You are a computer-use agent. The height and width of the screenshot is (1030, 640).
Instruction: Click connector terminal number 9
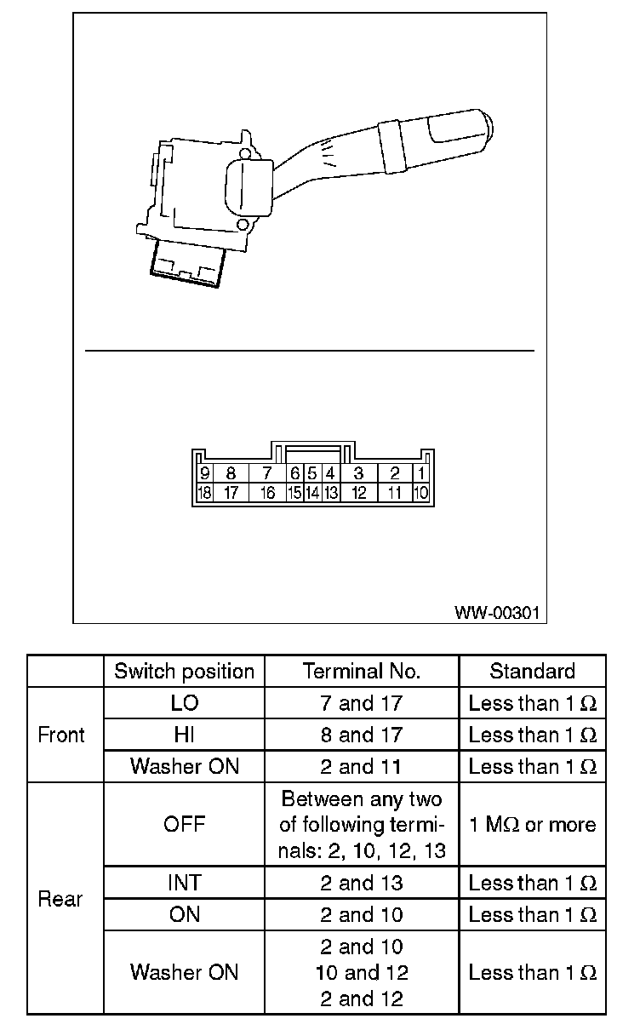[x=204, y=474]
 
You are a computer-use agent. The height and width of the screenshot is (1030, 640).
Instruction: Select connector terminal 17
[x=230, y=493]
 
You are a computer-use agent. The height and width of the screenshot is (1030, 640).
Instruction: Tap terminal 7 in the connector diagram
[x=267, y=474]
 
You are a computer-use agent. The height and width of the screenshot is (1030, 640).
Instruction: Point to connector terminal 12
[x=358, y=493]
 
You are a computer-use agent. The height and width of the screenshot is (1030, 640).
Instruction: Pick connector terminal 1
[x=422, y=474]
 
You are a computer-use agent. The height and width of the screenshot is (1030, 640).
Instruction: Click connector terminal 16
[x=267, y=493]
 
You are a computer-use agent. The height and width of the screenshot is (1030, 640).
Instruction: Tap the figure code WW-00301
[x=496, y=612]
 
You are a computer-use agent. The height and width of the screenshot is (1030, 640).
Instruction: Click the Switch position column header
[x=184, y=671]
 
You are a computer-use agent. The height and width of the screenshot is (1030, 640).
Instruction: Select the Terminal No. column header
[x=362, y=671]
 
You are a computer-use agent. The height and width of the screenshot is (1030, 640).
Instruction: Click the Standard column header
[x=532, y=671]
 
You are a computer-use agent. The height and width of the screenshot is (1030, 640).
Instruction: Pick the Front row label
[x=61, y=735]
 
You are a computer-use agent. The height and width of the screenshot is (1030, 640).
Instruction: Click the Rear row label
[x=61, y=899]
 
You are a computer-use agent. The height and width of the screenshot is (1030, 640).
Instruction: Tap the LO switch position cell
[x=184, y=703]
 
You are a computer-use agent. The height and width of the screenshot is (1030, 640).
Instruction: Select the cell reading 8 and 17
[x=362, y=735]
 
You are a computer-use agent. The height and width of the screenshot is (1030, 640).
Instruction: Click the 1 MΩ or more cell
[x=532, y=825]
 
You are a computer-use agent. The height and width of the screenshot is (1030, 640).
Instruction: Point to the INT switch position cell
[x=184, y=883]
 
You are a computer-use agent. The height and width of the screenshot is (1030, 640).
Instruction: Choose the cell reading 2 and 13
[x=362, y=883]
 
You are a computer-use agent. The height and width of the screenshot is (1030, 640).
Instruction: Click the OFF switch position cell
[x=184, y=825]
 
